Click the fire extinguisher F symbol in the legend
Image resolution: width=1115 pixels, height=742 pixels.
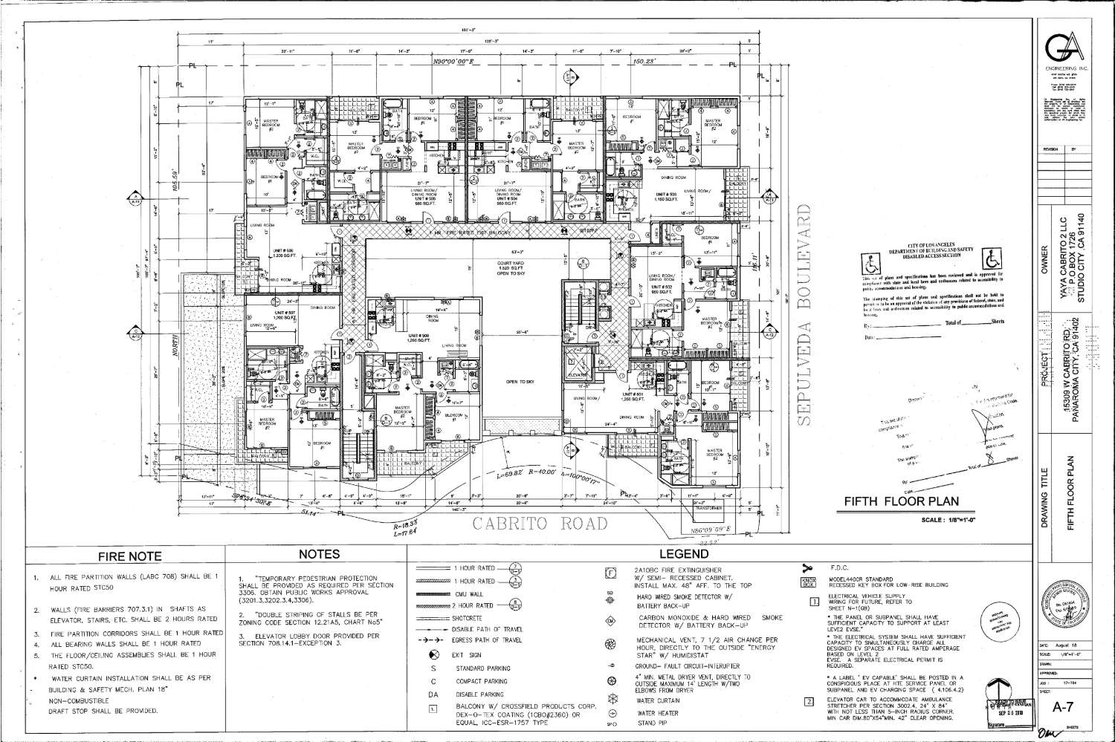(x=610, y=573)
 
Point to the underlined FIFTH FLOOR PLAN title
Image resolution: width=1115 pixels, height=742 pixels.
(x=901, y=502)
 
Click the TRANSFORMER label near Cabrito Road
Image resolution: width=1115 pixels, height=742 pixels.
(x=708, y=508)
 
